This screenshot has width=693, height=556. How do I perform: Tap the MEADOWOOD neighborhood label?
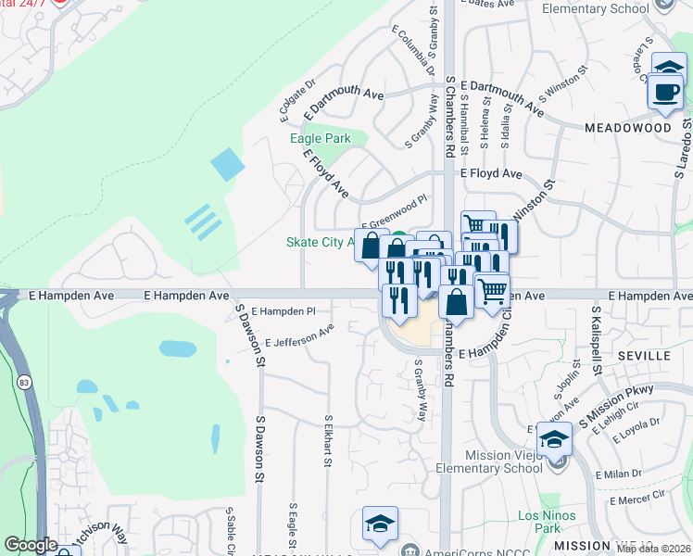point(627,127)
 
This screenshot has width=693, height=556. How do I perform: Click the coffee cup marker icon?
point(665,92)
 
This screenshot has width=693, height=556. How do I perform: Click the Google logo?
point(31,545)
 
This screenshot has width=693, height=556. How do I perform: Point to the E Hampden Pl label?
point(283,311)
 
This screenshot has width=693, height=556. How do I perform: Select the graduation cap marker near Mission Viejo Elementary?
point(555,438)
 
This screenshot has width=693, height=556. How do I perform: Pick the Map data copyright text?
point(653,549)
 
